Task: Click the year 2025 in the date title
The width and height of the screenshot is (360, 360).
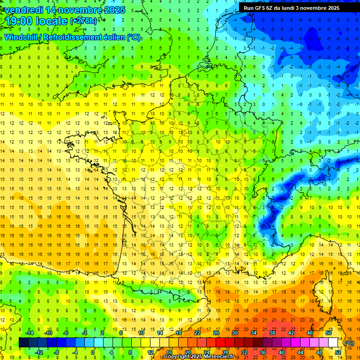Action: [x=114, y=10]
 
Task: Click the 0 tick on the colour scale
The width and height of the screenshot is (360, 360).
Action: [x=93, y=352]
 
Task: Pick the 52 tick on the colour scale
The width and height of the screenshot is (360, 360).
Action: [x=338, y=352]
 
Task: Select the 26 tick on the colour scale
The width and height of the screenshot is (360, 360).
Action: [x=216, y=333]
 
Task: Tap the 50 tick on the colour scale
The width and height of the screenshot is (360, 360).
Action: [x=329, y=333]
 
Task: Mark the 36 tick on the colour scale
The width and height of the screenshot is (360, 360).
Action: [x=262, y=352]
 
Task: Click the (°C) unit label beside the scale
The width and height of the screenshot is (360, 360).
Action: [x=349, y=343]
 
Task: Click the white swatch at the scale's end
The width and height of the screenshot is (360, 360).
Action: [x=333, y=342]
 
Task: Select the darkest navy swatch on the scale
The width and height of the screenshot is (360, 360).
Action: [x=24, y=342]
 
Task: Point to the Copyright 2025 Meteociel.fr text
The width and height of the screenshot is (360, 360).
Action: [x=199, y=357]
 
